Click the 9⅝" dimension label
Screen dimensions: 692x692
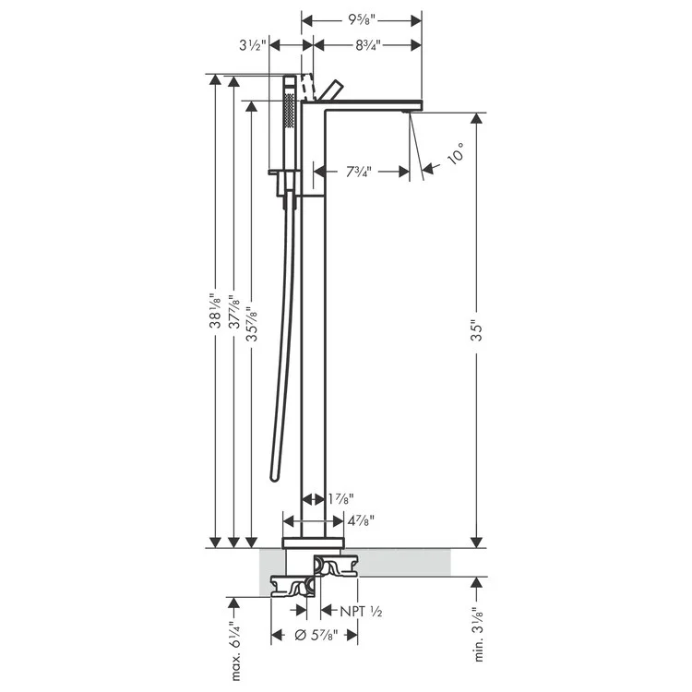point(362,18)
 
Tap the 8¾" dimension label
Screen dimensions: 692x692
point(366,43)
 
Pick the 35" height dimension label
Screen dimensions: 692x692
point(476,329)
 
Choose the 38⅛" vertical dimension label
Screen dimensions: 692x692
point(215,312)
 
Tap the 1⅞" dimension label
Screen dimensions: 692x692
point(339,500)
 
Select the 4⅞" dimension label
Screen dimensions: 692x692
point(360,521)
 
